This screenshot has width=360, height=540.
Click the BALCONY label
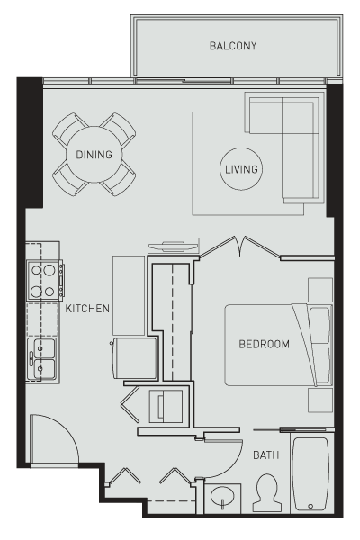(x=233, y=46)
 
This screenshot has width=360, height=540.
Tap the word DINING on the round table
(x=94, y=155)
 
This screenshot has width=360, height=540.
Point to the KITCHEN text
(x=87, y=309)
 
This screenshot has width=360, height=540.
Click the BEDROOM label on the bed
(x=264, y=344)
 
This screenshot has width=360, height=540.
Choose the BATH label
(x=265, y=455)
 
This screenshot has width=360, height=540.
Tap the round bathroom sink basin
(x=221, y=497)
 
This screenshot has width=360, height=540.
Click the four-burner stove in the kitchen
(x=42, y=279)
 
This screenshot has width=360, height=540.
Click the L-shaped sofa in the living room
(x=288, y=144)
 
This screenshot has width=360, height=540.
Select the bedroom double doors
(x=238, y=248)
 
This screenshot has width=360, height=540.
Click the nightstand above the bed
(x=320, y=290)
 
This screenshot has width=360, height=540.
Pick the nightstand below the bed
(x=320, y=399)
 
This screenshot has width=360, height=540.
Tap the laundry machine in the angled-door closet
(x=168, y=406)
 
